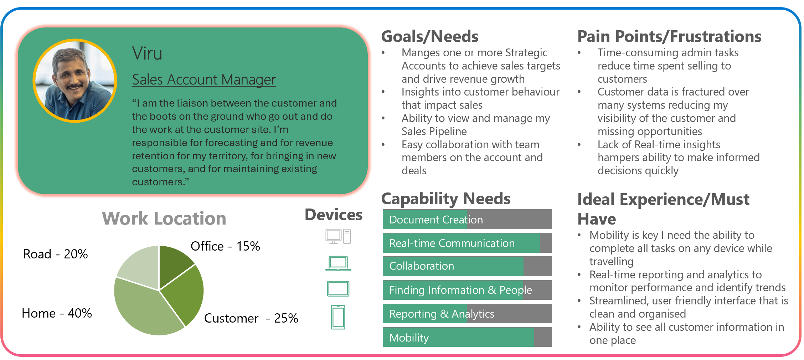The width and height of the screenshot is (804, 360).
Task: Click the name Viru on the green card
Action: click(x=147, y=53)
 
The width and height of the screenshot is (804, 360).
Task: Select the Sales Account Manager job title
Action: click(x=204, y=79)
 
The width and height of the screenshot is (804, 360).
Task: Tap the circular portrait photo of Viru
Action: click(x=75, y=81)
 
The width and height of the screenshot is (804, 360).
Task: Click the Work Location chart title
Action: click(x=164, y=218)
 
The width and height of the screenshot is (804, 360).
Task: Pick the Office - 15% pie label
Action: click(x=225, y=246)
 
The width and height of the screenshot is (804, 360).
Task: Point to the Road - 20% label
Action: click(x=56, y=254)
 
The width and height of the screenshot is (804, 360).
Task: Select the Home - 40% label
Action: click(x=57, y=313)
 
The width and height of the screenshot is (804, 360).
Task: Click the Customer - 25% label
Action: click(x=251, y=318)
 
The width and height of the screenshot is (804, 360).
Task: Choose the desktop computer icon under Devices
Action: click(x=338, y=236)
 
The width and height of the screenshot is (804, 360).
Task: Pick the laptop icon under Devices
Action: click(x=338, y=263)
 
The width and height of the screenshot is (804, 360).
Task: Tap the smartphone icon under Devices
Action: click(x=338, y=317)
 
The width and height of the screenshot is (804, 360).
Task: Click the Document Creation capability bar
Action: click(x=467, y=219)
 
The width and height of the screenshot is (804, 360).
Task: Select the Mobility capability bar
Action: click(x=467, y=337)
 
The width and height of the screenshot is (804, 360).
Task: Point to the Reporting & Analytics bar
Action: click(x=467, y=313)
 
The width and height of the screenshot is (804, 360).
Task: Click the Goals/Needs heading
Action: click(x=430, y=37)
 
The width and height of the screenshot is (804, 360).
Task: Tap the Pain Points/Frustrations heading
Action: click(x=669, y=37)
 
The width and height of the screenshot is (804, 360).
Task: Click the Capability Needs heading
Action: click(x=446, y=199)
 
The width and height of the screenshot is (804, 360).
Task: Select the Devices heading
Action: click(x=334, y=215)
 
